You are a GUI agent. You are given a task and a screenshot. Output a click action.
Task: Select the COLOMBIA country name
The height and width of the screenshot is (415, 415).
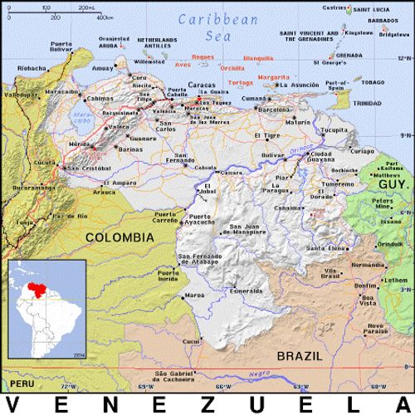[120, 237]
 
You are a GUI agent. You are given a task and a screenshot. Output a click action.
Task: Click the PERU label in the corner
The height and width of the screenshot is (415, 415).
[22, 385]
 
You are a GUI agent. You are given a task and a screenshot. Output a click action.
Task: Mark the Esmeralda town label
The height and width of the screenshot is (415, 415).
[247, 292]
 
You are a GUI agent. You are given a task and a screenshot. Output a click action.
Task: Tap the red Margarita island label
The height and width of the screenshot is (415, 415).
[273, 76]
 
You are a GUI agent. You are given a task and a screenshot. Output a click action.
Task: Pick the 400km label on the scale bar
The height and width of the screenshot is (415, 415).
[105, 16]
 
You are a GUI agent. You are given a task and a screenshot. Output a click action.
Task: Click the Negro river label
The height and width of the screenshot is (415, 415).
[262, 375]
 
